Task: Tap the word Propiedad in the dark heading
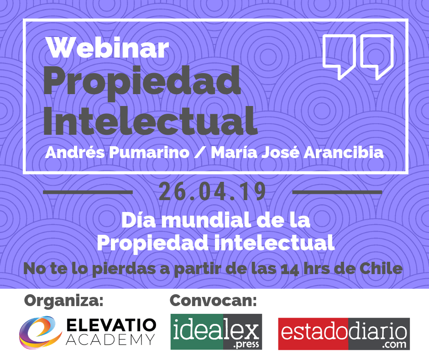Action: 142,82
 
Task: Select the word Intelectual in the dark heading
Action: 150,121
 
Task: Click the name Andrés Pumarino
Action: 117,152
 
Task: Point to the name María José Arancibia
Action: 297,152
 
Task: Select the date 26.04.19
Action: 212,191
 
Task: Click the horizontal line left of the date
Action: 88,192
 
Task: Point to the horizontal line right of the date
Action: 337,192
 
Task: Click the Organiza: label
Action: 64,301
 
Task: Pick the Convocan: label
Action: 213,300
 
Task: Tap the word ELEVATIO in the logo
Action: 111,325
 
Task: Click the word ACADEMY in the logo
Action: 110,340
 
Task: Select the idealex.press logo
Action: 216,332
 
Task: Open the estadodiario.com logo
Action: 344,334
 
